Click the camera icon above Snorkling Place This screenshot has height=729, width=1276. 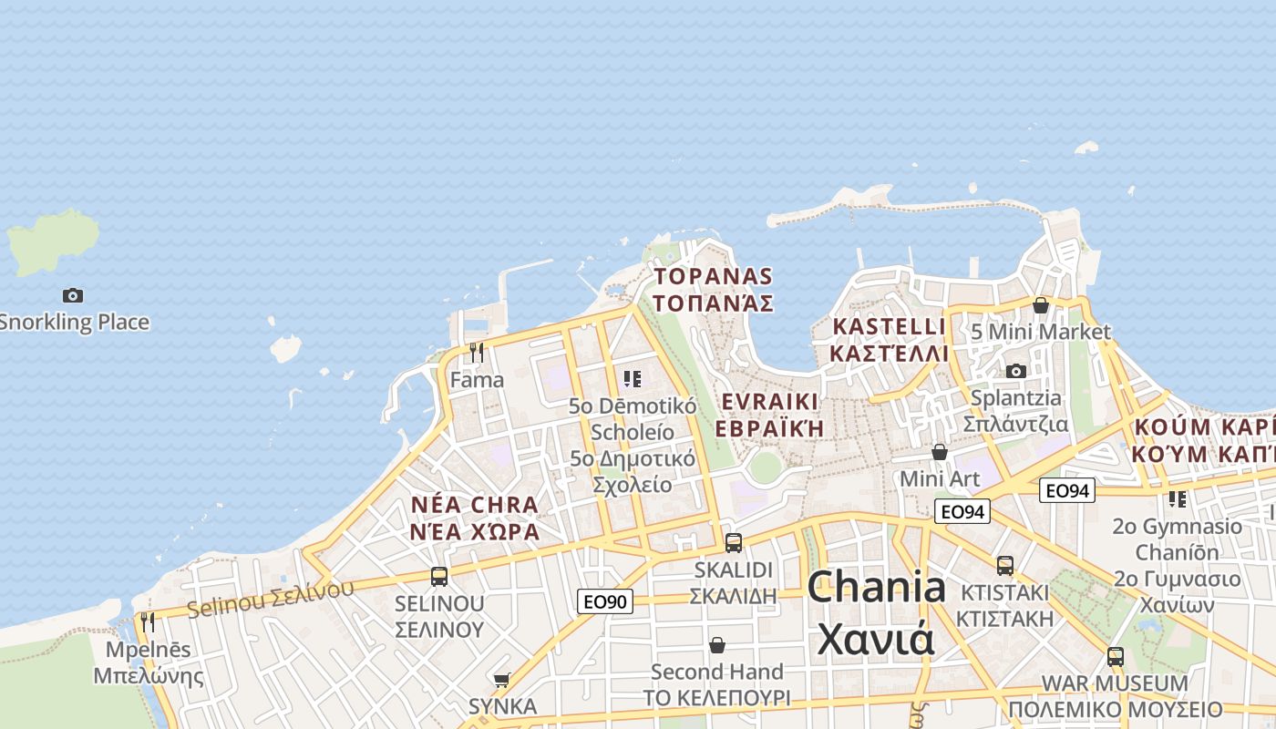73,295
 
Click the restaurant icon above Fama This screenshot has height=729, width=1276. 477,352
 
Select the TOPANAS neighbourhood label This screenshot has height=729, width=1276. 714,289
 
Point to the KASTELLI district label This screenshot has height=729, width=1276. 890,339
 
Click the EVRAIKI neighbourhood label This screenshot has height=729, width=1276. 770,415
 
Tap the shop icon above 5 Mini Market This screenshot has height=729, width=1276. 1040,305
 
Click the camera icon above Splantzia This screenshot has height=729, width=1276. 1015,371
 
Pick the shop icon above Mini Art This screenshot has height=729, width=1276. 940,452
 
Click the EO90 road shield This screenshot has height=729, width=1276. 604,601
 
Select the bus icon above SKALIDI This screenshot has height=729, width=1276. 733,543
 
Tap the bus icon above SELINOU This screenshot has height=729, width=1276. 439,576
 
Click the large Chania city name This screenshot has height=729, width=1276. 876,611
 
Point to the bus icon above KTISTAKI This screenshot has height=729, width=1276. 1004,566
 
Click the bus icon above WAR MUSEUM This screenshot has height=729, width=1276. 1115,657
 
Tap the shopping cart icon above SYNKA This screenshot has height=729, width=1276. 501,680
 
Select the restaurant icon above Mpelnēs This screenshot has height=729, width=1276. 148,622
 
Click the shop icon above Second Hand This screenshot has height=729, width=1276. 717,645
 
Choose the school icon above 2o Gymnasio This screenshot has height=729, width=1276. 1178,499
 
